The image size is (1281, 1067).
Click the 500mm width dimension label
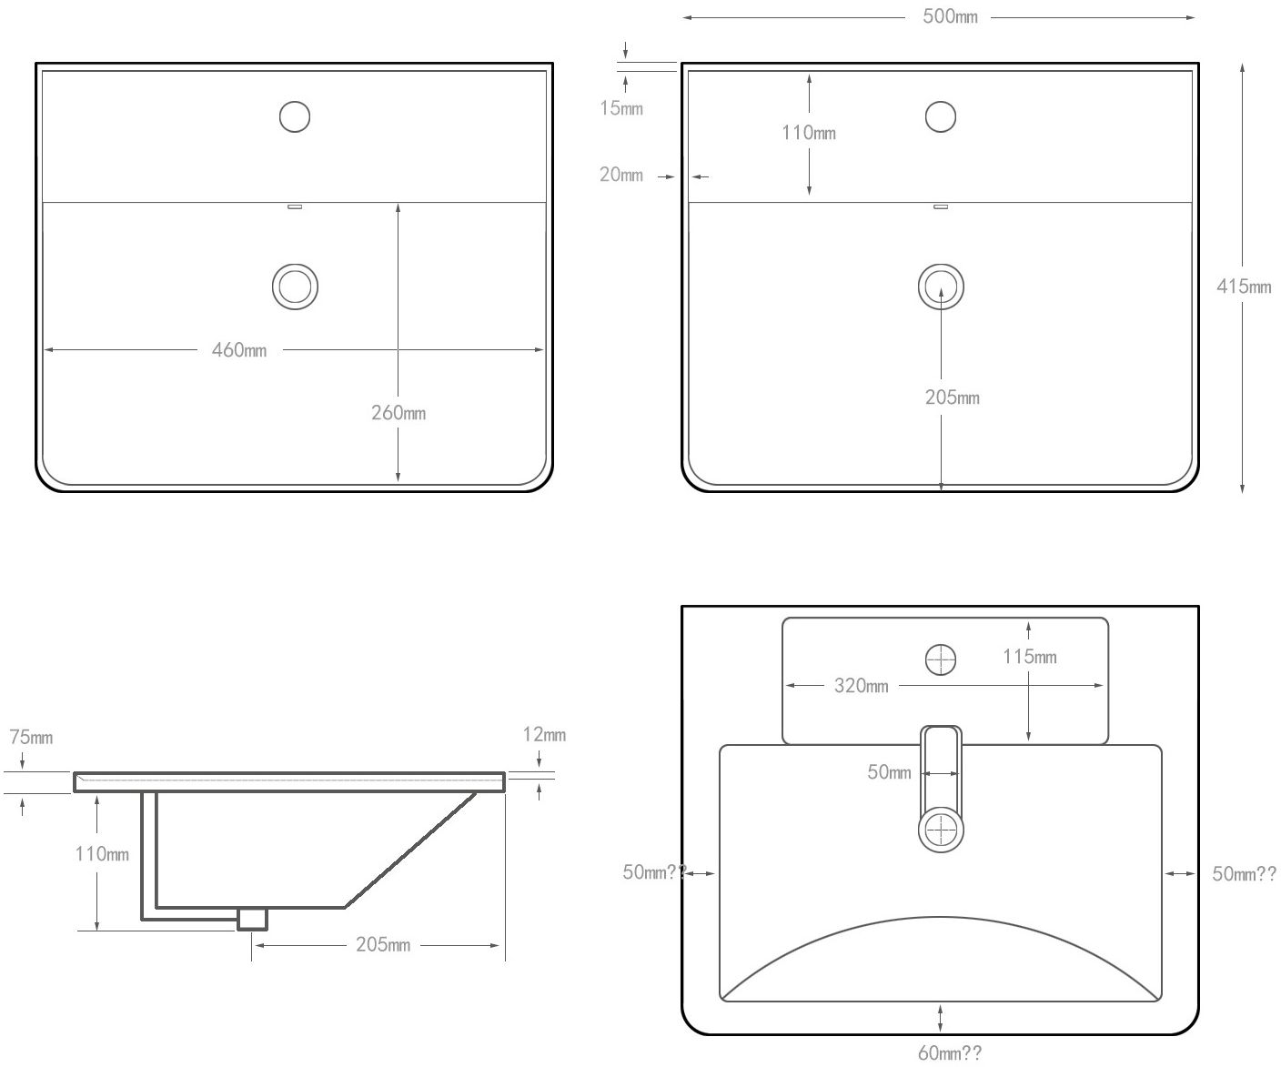click(x=950, y=17)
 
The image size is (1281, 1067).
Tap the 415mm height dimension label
click(x=1244, y=287)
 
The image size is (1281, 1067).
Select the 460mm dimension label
click(x=239, y=350)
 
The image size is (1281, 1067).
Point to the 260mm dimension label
click(x=398, y=413)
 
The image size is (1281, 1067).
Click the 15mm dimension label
click(x=621, y=108)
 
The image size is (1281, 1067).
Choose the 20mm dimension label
click(x=621, y=175)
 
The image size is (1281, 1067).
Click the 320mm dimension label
click(x=862, y=686)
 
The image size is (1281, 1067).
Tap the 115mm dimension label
click(x=1030, y=657)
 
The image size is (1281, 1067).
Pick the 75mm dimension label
click(x=31, y=737)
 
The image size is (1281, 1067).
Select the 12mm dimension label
click(x=544, y=734)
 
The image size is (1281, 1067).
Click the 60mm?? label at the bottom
click(x=950, y=1053)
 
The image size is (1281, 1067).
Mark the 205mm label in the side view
click(x=383, y=945)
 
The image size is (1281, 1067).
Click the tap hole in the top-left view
click(x=295, y=116)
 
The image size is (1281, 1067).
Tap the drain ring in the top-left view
click(x=295, y=287)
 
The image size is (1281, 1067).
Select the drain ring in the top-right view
click(x=941, y=287)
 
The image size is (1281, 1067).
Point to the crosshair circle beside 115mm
click(x=941, y=659)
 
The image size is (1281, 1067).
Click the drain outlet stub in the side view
click(x=252, y=919)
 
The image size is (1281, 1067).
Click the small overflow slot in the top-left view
click(x=295, y=206)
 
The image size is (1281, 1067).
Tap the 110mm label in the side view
click(x=102, y=854)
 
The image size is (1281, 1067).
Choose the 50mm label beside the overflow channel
click(x=889, y=772)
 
